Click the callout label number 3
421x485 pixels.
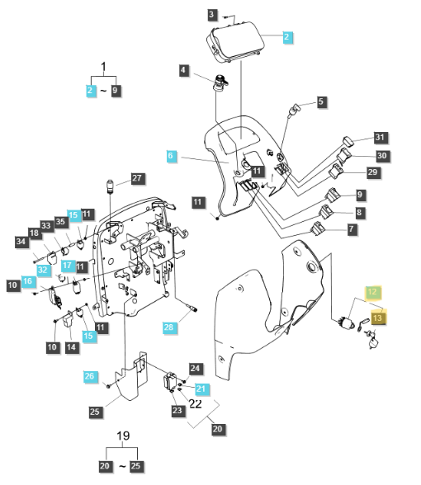(x=212, y=15)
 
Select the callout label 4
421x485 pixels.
(x=183, y=71)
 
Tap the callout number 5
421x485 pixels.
(x=321, y=102)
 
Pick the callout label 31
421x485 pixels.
(x=380, y=137)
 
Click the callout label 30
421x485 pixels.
(x=380, y=155)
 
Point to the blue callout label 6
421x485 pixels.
(x=171, y=155)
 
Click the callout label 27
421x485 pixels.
(x=137, y=179)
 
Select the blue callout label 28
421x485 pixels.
(x=169, y=328)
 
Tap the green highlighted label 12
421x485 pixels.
(x=372, y=292)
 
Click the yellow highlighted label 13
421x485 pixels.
(x=378, y=317)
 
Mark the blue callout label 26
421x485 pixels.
(x=90, y=376)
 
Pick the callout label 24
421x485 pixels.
(x=195, y=369)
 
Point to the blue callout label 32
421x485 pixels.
(x=43, y=270)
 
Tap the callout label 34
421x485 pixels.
(x=21, y=241)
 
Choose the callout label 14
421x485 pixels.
(x=71, y=347)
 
